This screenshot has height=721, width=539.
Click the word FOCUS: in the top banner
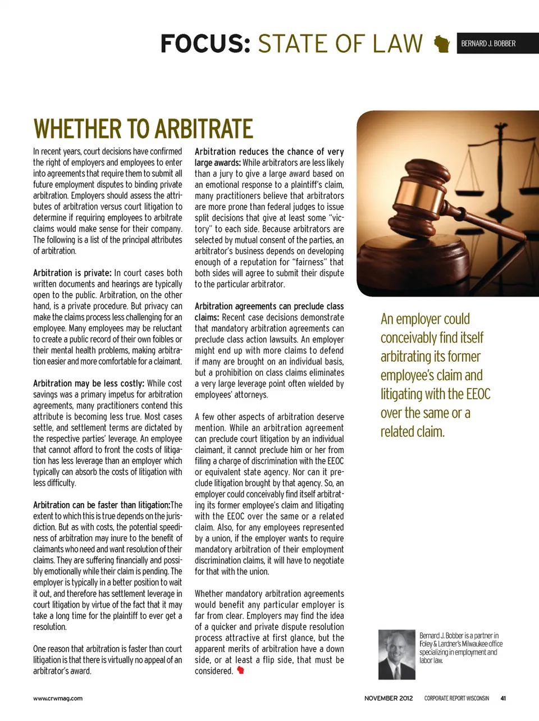pyautogui.click(x=205, y=44)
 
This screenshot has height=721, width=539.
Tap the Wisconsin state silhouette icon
pyautogui.click(x=442, y=44)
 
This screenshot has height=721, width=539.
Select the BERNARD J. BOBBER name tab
pyautogui.click(x=488, y=43)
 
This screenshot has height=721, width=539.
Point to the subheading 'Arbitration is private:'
pyautogui.click(x=72, y=273)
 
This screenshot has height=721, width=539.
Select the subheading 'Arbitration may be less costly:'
pyautogui.click(x=89, y=384)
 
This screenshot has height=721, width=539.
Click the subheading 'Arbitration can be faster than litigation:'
pyautogui.click(x=102, y=505)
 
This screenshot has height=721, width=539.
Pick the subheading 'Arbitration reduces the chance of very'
pyautogui.click(x=269, y=152)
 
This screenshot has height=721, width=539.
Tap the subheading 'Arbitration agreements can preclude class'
pyautogui.click(x=269, y=306)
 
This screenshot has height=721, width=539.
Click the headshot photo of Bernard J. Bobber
pyautogui.click(x=397, y=654)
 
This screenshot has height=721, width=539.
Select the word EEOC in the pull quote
pyautogui.click(x=478, y=394)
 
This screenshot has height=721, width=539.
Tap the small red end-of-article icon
pyautogui.click(x=240, y=670)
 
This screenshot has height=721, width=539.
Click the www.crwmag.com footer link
pyautogui.click(x=58, y=699)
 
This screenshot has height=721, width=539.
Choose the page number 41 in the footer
pyautogui.click(x=503, y=699)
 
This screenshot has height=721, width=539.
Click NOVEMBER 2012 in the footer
pyautogui.click(x=389, y=699)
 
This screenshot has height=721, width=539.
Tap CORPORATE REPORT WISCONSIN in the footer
pyautogui.click(x=456, y=699)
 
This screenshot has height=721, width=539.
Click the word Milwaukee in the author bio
pyautogui.click(x=476, y=644)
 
